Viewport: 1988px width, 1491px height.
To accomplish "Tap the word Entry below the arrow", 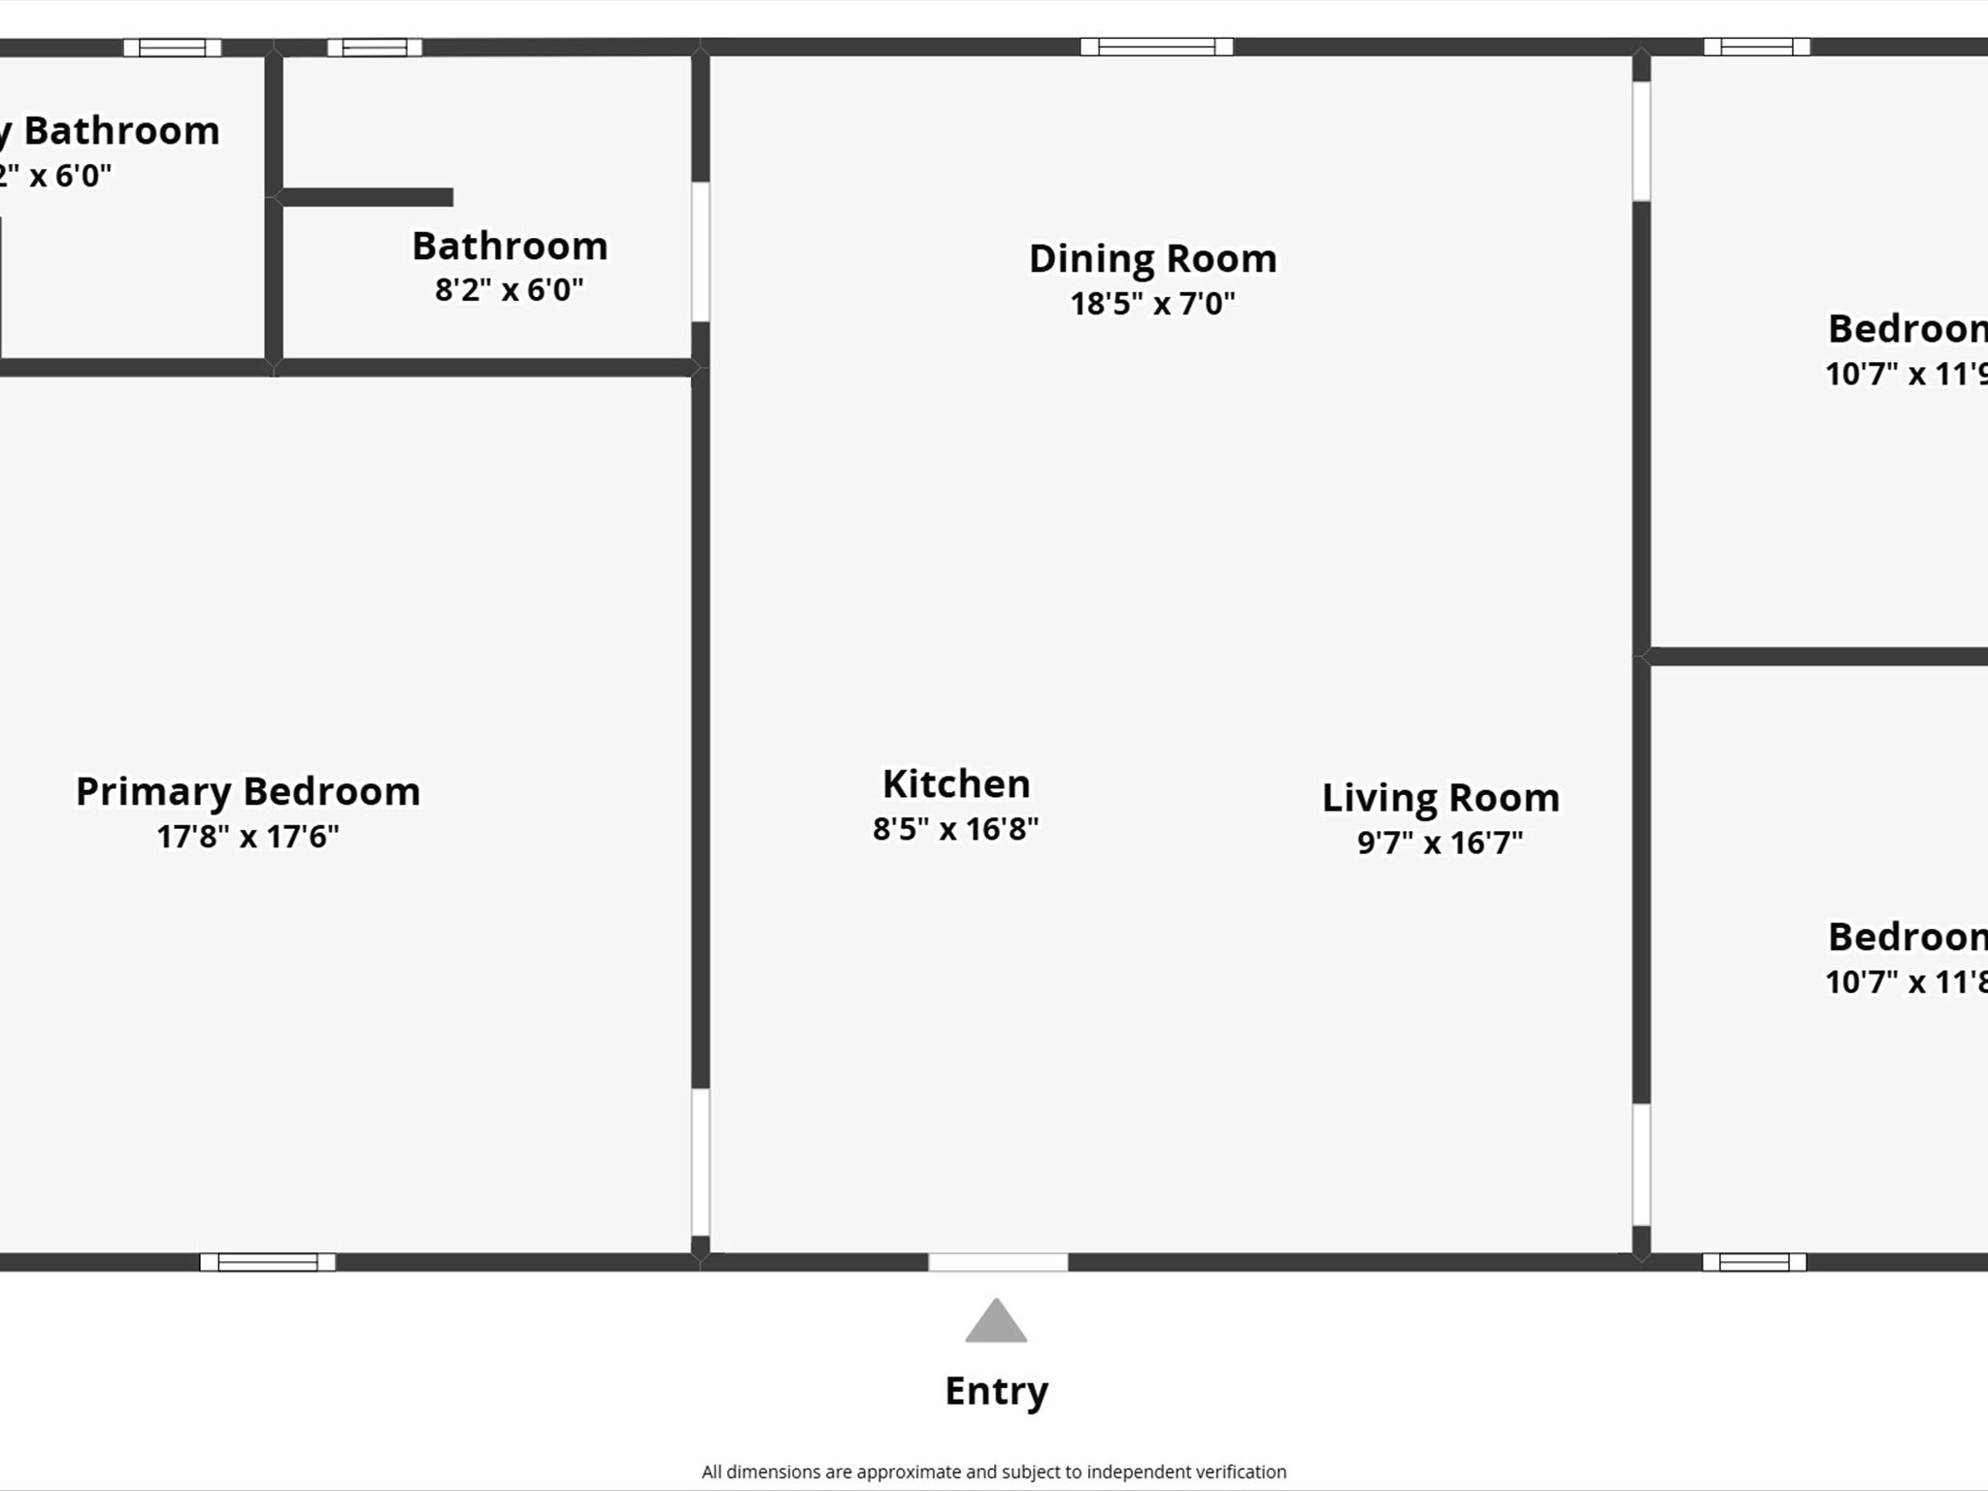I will pos(996,1391).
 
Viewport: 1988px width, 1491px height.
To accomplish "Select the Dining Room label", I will pos(1152,259).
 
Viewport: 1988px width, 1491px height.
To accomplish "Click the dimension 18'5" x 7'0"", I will pos(1152,304).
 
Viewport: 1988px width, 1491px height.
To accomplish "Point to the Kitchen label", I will pos(956,784).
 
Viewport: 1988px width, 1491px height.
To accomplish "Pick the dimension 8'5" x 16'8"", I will pos(955,829).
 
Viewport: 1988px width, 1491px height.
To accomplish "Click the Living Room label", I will pos(1441,798).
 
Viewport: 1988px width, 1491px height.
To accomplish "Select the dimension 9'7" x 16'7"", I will pos(1440,843).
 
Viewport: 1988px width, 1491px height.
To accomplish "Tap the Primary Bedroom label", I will pos(248,792).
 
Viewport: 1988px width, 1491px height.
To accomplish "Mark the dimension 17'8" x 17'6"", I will pos(248,837).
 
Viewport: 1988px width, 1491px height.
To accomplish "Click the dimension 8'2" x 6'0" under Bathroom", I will pos(509,289).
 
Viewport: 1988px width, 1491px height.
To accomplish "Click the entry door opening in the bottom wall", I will pos(998,1262).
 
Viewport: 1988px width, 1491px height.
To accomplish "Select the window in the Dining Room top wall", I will pos(1156,47).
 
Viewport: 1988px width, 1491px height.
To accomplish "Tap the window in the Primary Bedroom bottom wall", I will pos(268,1262).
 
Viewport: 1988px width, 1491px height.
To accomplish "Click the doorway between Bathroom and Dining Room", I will pos(700,251).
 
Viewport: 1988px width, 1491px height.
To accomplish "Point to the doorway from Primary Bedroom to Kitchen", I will pos(700,1161).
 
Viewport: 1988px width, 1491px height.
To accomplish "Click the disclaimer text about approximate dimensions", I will pos(994,1472).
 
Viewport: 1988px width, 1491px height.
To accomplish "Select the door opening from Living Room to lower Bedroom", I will pos(1640,1164).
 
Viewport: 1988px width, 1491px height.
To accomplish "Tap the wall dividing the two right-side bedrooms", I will pos(1815,657).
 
